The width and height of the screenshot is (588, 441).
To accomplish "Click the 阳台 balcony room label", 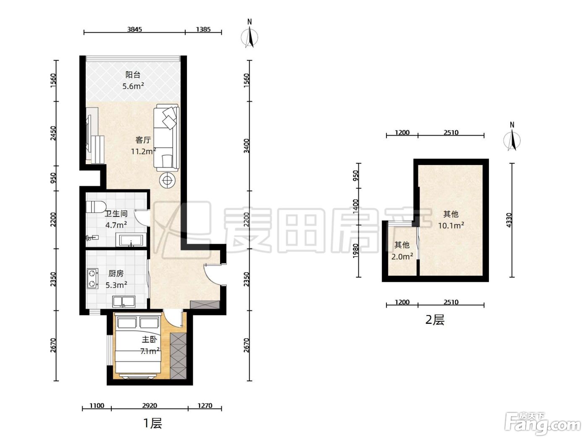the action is pos(133,75).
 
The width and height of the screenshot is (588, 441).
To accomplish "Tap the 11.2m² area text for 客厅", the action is pos(143,151).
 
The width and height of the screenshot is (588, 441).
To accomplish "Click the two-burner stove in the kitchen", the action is pos(92,279).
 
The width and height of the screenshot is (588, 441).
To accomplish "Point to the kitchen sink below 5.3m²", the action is pos(124,301).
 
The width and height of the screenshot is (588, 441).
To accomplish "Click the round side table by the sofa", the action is pos(168,181).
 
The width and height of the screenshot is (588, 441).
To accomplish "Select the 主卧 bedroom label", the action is pos(149,339).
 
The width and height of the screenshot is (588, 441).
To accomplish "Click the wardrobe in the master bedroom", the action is pos(178,356).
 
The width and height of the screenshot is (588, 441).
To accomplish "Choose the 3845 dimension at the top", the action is pos(134,29).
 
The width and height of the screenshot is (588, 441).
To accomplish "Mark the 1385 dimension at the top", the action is pos(203,29).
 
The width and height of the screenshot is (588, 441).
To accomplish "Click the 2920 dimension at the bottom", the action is pos(150,406).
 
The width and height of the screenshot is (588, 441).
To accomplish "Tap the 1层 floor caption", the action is pos(153,423).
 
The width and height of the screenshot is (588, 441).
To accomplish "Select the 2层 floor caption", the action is pos(435,320).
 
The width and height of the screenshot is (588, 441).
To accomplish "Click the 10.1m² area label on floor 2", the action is pos(451,226).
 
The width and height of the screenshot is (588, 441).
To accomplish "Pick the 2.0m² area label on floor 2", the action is pos(402,257).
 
